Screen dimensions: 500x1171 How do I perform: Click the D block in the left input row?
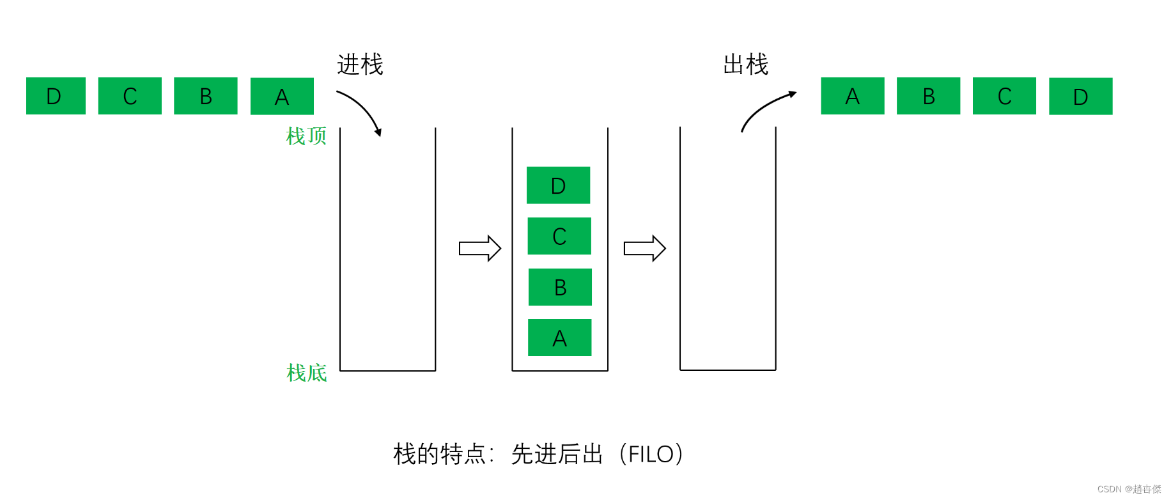click(x=56, y=96)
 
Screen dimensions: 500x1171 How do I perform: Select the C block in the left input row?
click(x=130, y=96)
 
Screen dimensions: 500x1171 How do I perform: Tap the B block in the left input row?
click(x=205, y=96)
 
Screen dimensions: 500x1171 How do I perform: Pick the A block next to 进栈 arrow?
click(x=282, y=97)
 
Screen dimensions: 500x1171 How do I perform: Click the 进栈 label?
click(x=360, y=65)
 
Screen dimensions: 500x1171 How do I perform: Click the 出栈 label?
click(x=745, y=65)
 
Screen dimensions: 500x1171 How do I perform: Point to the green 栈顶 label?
click(x=306, y=136)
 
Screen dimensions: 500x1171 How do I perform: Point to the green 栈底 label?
click(x=306, y=373)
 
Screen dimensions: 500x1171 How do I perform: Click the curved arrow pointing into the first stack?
click(x=362, y=109)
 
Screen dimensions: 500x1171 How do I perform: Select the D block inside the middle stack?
click(x=558, y=185)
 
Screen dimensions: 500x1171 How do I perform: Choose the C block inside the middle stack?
click(x=559, y=236)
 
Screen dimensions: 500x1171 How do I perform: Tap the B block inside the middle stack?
click(x=560, y=287)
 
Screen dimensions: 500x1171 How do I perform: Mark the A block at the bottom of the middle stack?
click(x=559, y=338)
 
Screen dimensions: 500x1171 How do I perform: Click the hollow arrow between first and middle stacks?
click(x=479, y=248)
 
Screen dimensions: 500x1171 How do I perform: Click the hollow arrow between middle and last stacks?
click(x=644, y=248)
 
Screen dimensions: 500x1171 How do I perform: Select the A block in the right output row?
click(x=852, y=96)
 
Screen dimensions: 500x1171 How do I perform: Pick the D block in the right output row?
click(x=1080, y=97)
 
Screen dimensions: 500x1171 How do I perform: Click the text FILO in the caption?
click(x=651, y=454)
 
